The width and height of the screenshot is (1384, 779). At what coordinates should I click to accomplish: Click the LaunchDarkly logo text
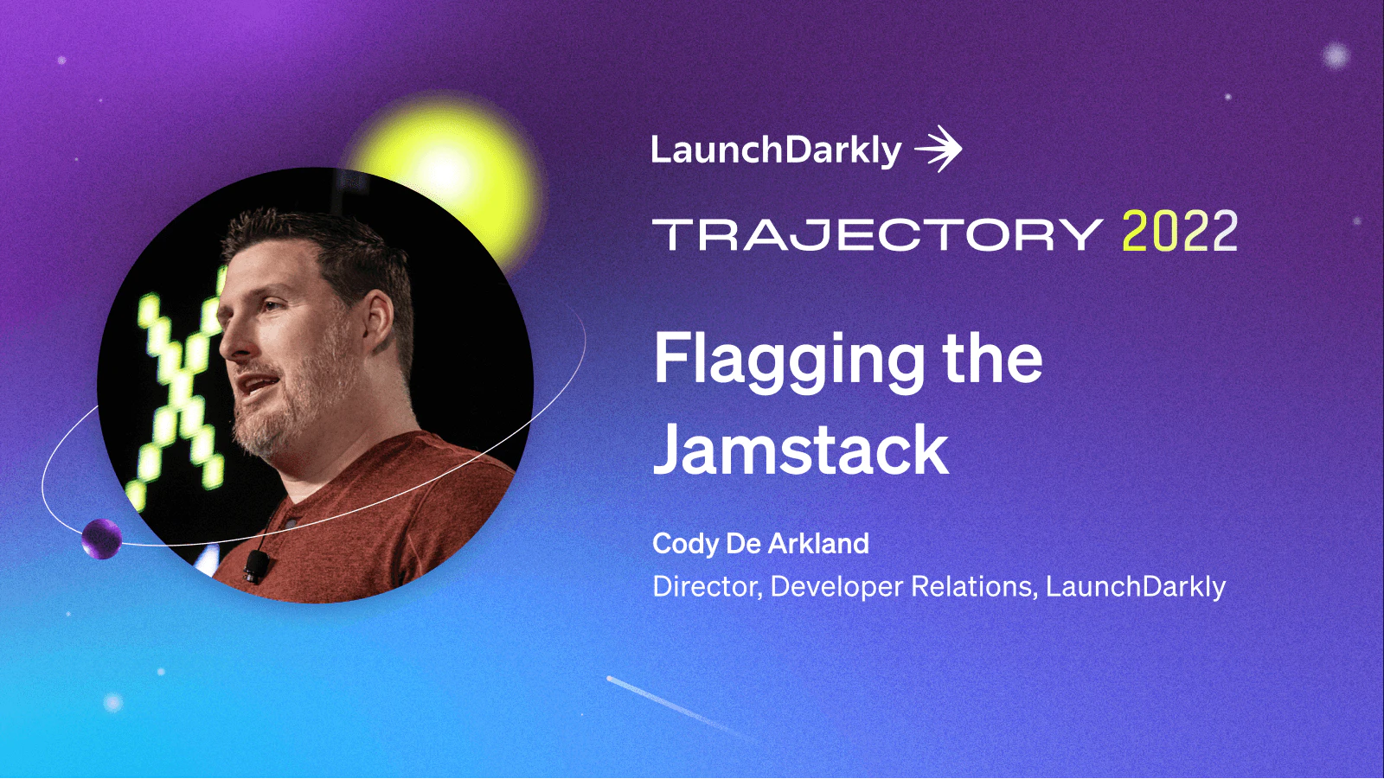click(x=775, y=150)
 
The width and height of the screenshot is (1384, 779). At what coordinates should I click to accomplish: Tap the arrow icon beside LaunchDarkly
click(x=939, y=150)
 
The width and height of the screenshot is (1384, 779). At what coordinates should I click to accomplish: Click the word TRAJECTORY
click(x=875, y=235)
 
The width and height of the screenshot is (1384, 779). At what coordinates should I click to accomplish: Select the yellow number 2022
click(x=1179, y=233)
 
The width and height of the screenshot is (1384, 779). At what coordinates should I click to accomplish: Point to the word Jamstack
click(x=801, y=450)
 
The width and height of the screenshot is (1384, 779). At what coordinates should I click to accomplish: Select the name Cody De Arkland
click(x=760, y=544)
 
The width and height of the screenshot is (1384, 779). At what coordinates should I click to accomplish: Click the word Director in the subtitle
click(x=706, y=587)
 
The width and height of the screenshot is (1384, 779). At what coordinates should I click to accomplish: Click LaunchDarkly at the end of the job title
click(x=1135, y=587)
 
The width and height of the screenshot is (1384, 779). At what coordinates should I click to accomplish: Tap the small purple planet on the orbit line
click(x=101, y=539)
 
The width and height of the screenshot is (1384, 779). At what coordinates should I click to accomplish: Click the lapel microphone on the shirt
click(x=256, y=566)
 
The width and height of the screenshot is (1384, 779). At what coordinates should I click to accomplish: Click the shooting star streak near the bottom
click(x=675, y=707)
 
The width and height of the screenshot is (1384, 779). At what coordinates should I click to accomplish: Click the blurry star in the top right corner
click(x=1336, y=56)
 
